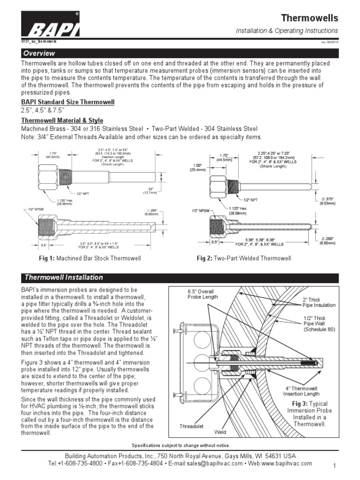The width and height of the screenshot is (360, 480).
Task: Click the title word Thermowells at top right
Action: pyautogui.click(x=309, y=18)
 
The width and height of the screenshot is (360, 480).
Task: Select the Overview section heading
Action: pyautogui.click(x=40, y=53)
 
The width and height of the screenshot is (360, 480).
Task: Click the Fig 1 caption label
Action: pyautogui.click(x=46, y=258)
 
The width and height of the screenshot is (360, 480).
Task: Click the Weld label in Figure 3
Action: pyautogui.click(x=220, y=432)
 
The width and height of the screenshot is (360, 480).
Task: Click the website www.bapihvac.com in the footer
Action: pyautogui.click(x=287, y=463)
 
